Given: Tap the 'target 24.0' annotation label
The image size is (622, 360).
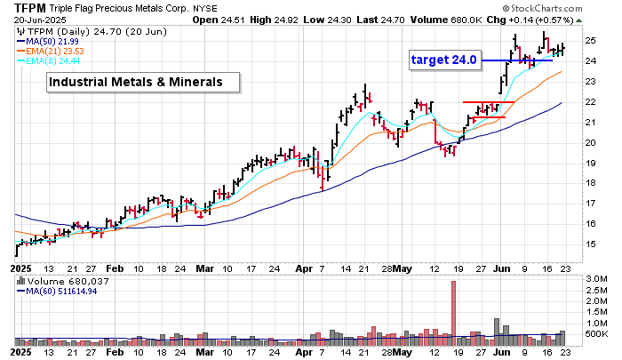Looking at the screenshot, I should click(x=444, y=60).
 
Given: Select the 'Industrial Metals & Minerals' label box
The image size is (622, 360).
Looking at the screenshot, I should click(x=144, y=83).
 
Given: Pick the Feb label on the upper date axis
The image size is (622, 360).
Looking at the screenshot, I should click(x=115, y=267).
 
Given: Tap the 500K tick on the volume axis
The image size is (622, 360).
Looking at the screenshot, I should click(x=596, y=334).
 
